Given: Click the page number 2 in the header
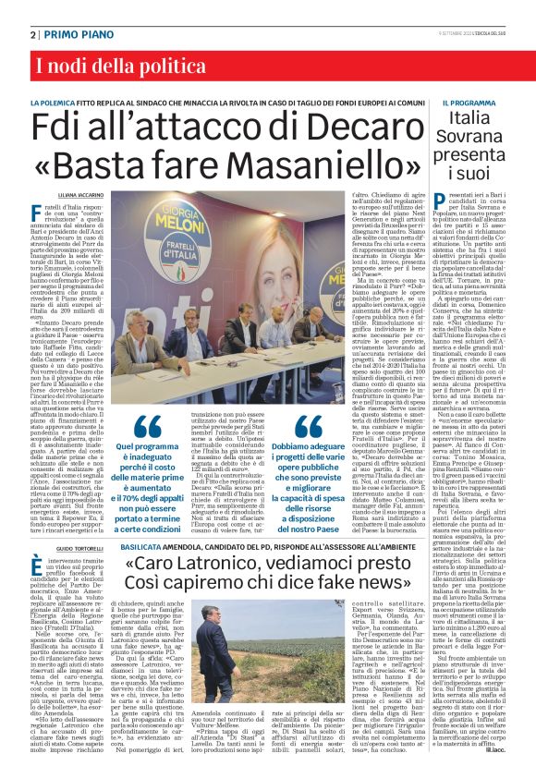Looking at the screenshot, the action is click(32, 33).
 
